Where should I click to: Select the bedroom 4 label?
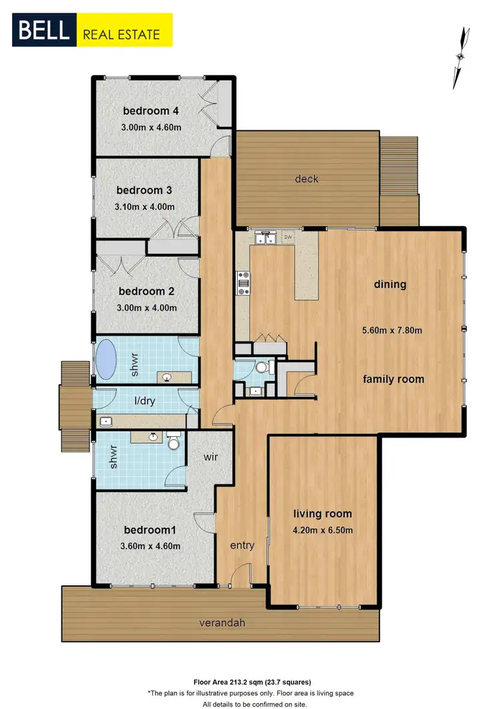point(150,111)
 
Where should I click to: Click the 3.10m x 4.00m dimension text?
point(144,207)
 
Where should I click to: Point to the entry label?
point(242,545)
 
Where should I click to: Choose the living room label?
point(323,514)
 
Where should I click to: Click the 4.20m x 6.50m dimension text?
point(323,531)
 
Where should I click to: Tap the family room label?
point(393,379)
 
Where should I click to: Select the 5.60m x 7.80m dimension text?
point(391,329)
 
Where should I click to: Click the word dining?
point(390,284)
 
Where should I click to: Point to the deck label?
point(307,178)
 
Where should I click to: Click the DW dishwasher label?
point(288,237)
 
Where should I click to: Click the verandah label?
point(222,623)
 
